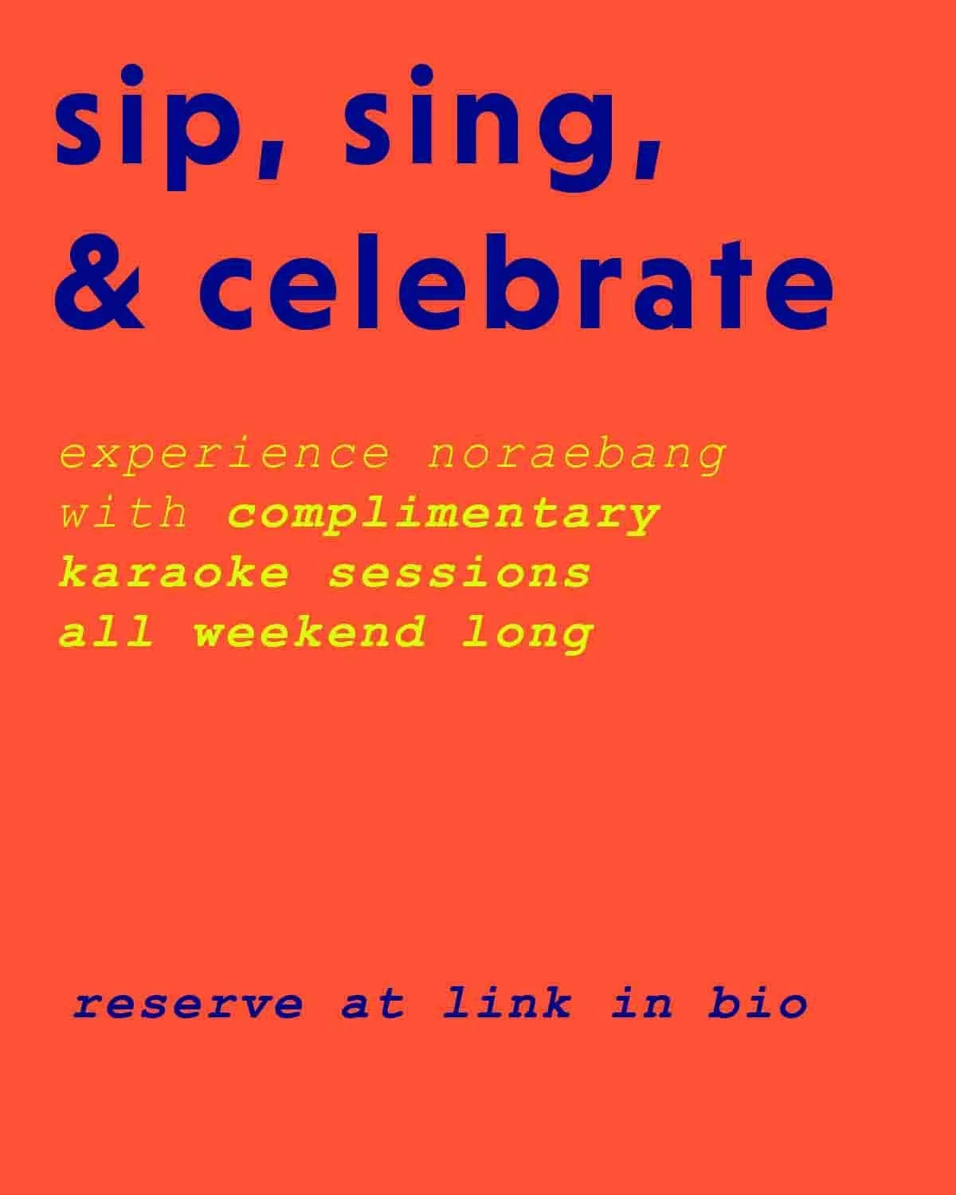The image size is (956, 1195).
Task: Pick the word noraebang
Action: coord(577,454)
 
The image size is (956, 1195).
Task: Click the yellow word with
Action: coord(124,514)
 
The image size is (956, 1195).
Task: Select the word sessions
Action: coord(460,574)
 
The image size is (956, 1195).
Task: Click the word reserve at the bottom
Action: coord(188,1003)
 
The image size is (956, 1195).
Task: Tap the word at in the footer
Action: coord(373,1003)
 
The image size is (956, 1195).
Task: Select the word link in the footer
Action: coord(507,1003)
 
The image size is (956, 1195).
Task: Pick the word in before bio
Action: coord(642,1003)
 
